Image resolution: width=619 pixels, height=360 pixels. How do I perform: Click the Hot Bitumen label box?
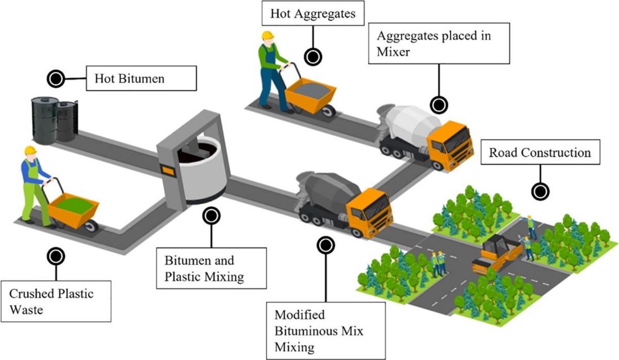pyautogui.click(x=141, y=78)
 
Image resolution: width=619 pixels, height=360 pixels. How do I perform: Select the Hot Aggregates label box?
pyautogui.click(x=313, y=14)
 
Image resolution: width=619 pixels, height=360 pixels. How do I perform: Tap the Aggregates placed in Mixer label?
pyautogui.click(x=439, y=44)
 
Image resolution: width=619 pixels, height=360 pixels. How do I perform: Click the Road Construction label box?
pyautogui.click(x=540, y=152)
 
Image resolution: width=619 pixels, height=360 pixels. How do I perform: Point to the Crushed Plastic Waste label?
pyautogui.click(x=57, y=301)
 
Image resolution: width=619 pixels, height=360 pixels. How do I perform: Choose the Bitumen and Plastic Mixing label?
pyautogui.click(x=212, y=268)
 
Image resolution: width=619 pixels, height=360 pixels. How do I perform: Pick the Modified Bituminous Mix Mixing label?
pyautogui.click(x=326, y=330)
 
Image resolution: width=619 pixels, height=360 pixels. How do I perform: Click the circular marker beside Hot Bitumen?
pyautogui.click(x=55, y=79)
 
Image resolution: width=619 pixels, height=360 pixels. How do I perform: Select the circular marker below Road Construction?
pyautogui.click(x=540, y=192)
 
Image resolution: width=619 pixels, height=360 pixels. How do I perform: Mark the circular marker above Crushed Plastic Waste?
pyautogui.click(x=56, y=255)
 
